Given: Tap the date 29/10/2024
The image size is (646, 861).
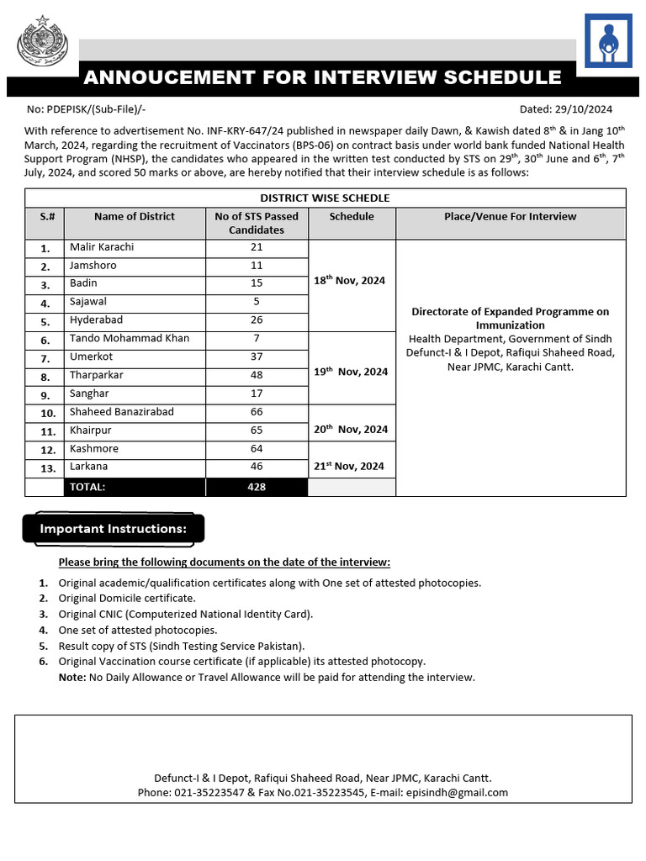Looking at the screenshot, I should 582,109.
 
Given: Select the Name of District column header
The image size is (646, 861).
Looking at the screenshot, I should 135,217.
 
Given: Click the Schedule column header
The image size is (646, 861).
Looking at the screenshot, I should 352,217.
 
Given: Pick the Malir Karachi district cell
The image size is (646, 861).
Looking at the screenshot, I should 102,247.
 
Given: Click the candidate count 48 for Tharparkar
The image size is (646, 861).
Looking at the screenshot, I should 257,375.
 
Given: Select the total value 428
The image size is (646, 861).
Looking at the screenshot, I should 257,487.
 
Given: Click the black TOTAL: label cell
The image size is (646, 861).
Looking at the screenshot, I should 87,487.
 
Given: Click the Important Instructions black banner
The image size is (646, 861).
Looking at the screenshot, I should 113,529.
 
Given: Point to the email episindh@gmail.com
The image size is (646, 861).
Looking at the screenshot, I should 467,793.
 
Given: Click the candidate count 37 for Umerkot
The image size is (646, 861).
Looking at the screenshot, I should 257,357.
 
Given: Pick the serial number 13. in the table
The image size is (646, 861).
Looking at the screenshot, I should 48,468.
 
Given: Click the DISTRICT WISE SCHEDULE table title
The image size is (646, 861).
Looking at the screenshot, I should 325,198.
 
